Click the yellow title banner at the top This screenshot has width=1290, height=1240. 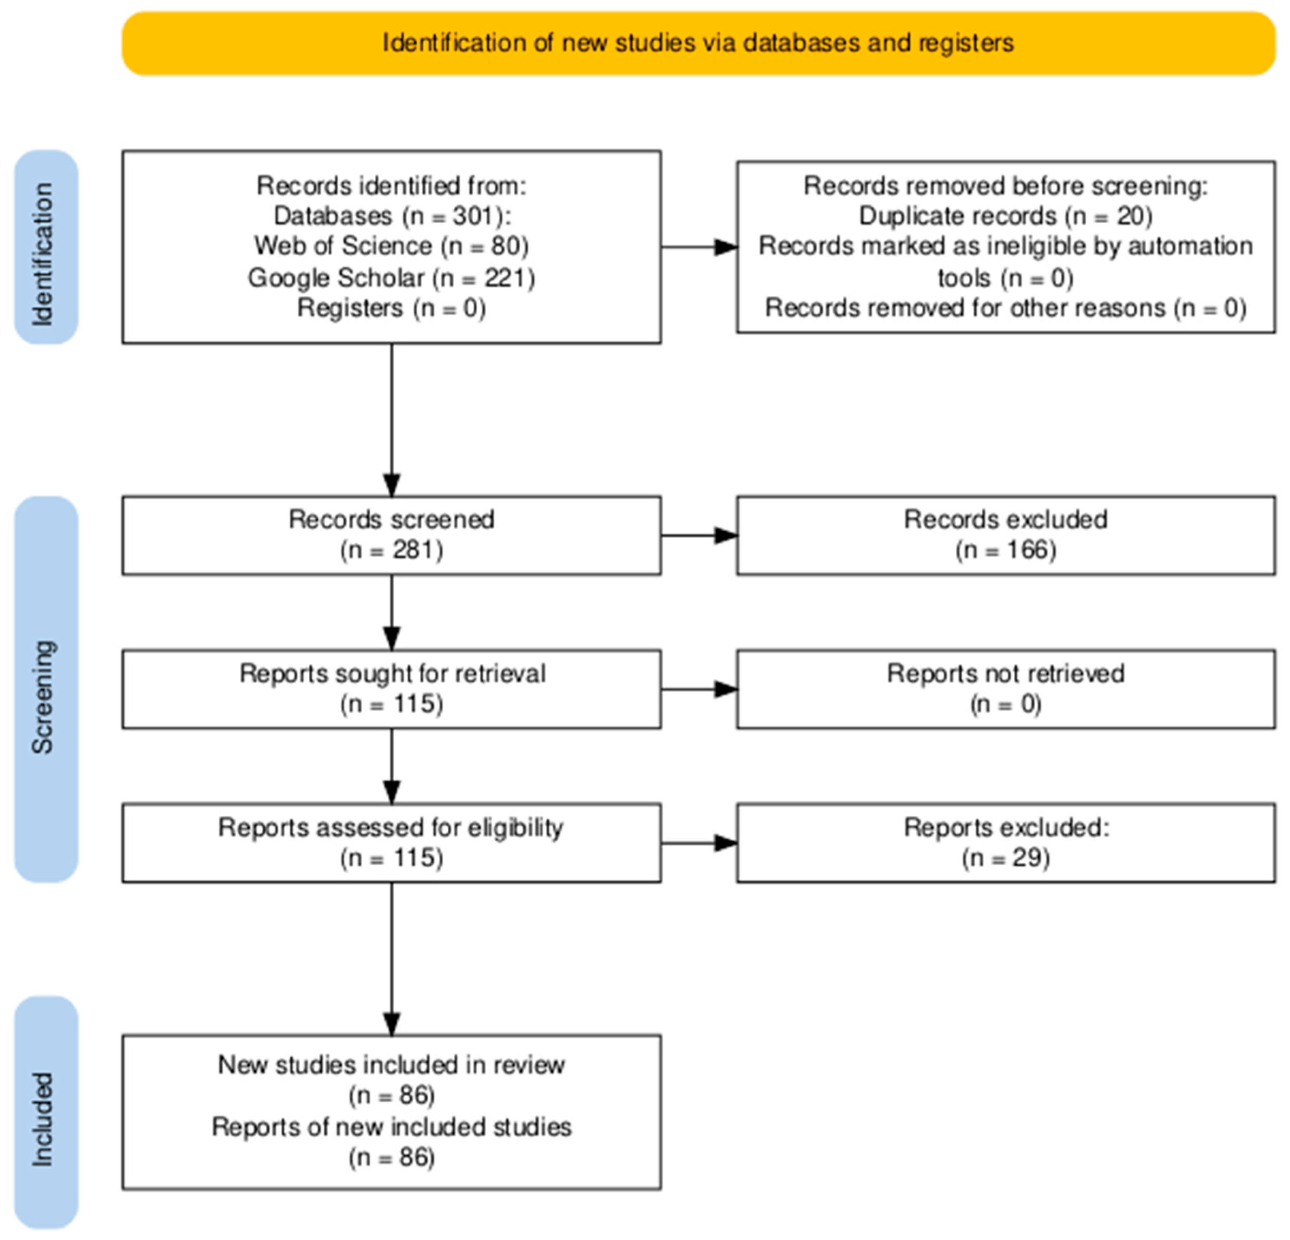click(698, 43)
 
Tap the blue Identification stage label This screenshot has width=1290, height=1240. click(46, 247)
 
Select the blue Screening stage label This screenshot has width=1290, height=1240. click(46, 689)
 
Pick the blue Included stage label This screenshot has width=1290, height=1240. click(46, 1112)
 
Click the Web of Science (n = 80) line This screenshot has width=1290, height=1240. click(392, 246)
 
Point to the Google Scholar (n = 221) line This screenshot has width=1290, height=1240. click(392, 277)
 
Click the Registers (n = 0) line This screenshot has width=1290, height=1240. click(392, 308)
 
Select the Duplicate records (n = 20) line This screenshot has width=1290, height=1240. click(1006, 215)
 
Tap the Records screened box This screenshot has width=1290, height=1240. click(392, 536)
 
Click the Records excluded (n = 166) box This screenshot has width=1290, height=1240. click(1006, 536)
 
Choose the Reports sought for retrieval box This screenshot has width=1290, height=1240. click(392, 689)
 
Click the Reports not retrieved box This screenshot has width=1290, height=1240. click(1006, 689)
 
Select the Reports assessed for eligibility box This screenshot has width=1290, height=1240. click(392, 843)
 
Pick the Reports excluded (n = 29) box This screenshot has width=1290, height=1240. click(1006, 843)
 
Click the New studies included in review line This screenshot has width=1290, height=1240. click(392, 1065)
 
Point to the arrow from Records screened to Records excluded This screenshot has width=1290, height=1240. click(699, 536)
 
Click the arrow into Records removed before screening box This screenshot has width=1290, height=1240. click(699, 247)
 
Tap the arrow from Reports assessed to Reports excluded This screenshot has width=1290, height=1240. click(699, 843)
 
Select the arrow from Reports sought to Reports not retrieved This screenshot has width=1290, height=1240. click(699, 689)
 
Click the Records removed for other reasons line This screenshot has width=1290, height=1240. click(1006, 308)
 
